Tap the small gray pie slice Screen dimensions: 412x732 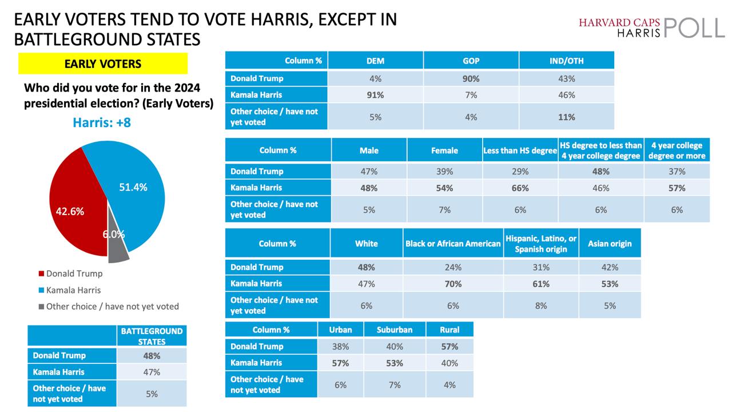pos(117,249)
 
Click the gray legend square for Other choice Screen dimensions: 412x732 pos(41,306)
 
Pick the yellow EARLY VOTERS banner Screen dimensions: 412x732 pos(103,64)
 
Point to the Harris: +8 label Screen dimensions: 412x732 pos(102,122)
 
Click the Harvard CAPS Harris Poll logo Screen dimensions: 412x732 pos(651,27)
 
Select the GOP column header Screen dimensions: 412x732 pos(471,61)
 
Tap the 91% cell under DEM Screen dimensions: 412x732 pos(375,95)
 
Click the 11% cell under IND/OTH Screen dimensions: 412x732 pos(567,117)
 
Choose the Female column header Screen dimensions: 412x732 pos(445,150)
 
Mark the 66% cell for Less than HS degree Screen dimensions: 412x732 pos(520,188)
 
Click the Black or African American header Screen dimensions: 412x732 pos(453,243)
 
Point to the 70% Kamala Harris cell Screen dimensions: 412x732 pos(453,283)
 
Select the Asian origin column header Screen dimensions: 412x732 pos(610,243)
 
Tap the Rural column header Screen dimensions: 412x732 pos(449,330)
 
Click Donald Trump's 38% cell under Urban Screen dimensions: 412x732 pos(340,346)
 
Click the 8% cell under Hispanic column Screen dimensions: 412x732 pos(541,306)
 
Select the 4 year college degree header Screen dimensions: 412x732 pos(677,150)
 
